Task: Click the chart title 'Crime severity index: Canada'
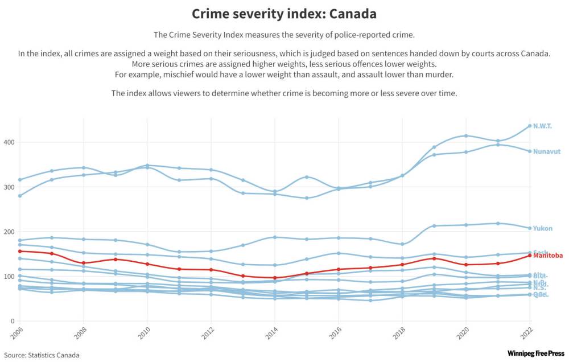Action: pyautogui.click(x=284, y=14)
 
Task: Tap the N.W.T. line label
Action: pyautogui.click(x=542, y=126)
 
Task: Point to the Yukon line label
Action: pyautogui.click(x=543, y=228)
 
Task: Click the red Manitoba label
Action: pyautogui.click(x=548, y=256)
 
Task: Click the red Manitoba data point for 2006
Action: pyautogui.click(x=20, y=251)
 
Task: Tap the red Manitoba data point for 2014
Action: pyautogui.click(x=275, y=278)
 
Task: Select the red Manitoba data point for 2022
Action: pyautogui.click(x=530, y=256)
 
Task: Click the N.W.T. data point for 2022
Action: pyautogui.click(x=530, y=126)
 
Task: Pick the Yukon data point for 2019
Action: pyautogui.click(x=434, y=226)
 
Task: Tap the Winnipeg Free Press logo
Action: pyautogui.click(x=533, y=353)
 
